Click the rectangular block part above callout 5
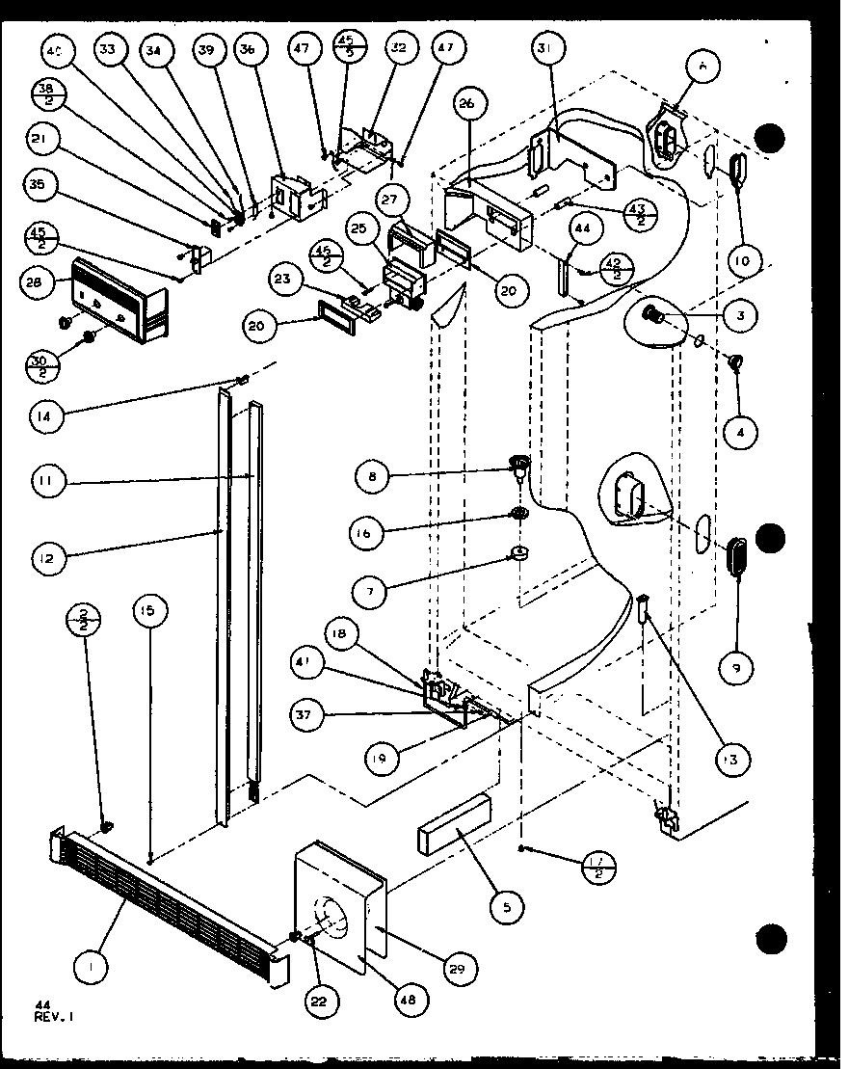454,824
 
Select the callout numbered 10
747,259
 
